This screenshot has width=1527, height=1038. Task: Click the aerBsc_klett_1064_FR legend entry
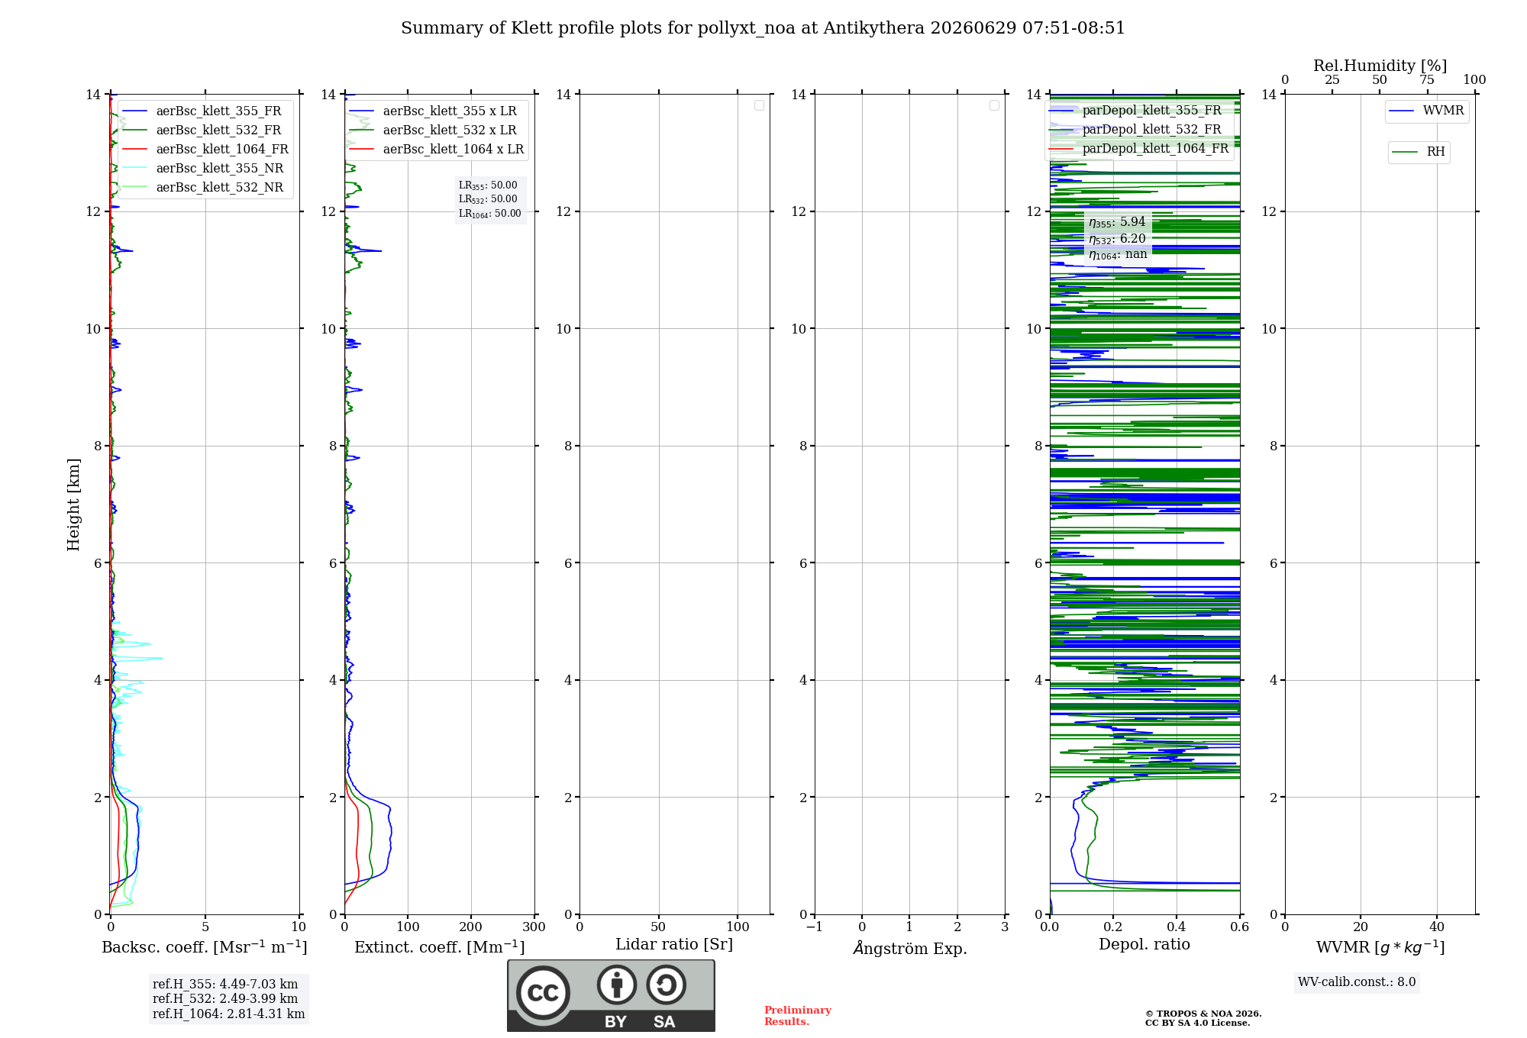click(205, 149)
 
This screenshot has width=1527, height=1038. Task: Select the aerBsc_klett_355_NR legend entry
click(202, 168)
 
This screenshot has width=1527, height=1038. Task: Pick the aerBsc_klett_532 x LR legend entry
click(433, 130)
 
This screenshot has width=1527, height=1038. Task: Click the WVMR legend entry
click(1426, 111)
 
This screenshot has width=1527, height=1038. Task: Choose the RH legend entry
click(1418, 152)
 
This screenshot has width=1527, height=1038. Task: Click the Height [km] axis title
click(73, 504)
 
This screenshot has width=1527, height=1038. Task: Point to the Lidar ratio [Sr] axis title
click(674, 944)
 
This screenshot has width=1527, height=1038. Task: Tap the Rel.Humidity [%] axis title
click(1380, 66)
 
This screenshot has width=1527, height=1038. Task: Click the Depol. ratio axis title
click(1144, 944)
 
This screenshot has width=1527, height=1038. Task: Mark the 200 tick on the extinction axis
click(471, 927)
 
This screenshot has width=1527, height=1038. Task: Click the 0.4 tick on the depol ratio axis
click(1177, 927)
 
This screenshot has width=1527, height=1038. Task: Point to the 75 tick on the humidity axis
click(1427, 79)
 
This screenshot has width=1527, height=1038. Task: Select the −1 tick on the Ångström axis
click(815, 927)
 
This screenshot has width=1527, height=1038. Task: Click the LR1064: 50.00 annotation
click(490, 214)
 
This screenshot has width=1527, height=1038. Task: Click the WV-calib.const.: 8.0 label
click(1357, 982)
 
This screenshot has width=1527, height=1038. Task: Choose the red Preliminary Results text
click(798, 1016)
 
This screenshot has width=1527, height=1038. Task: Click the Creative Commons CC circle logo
click(543, 993)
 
